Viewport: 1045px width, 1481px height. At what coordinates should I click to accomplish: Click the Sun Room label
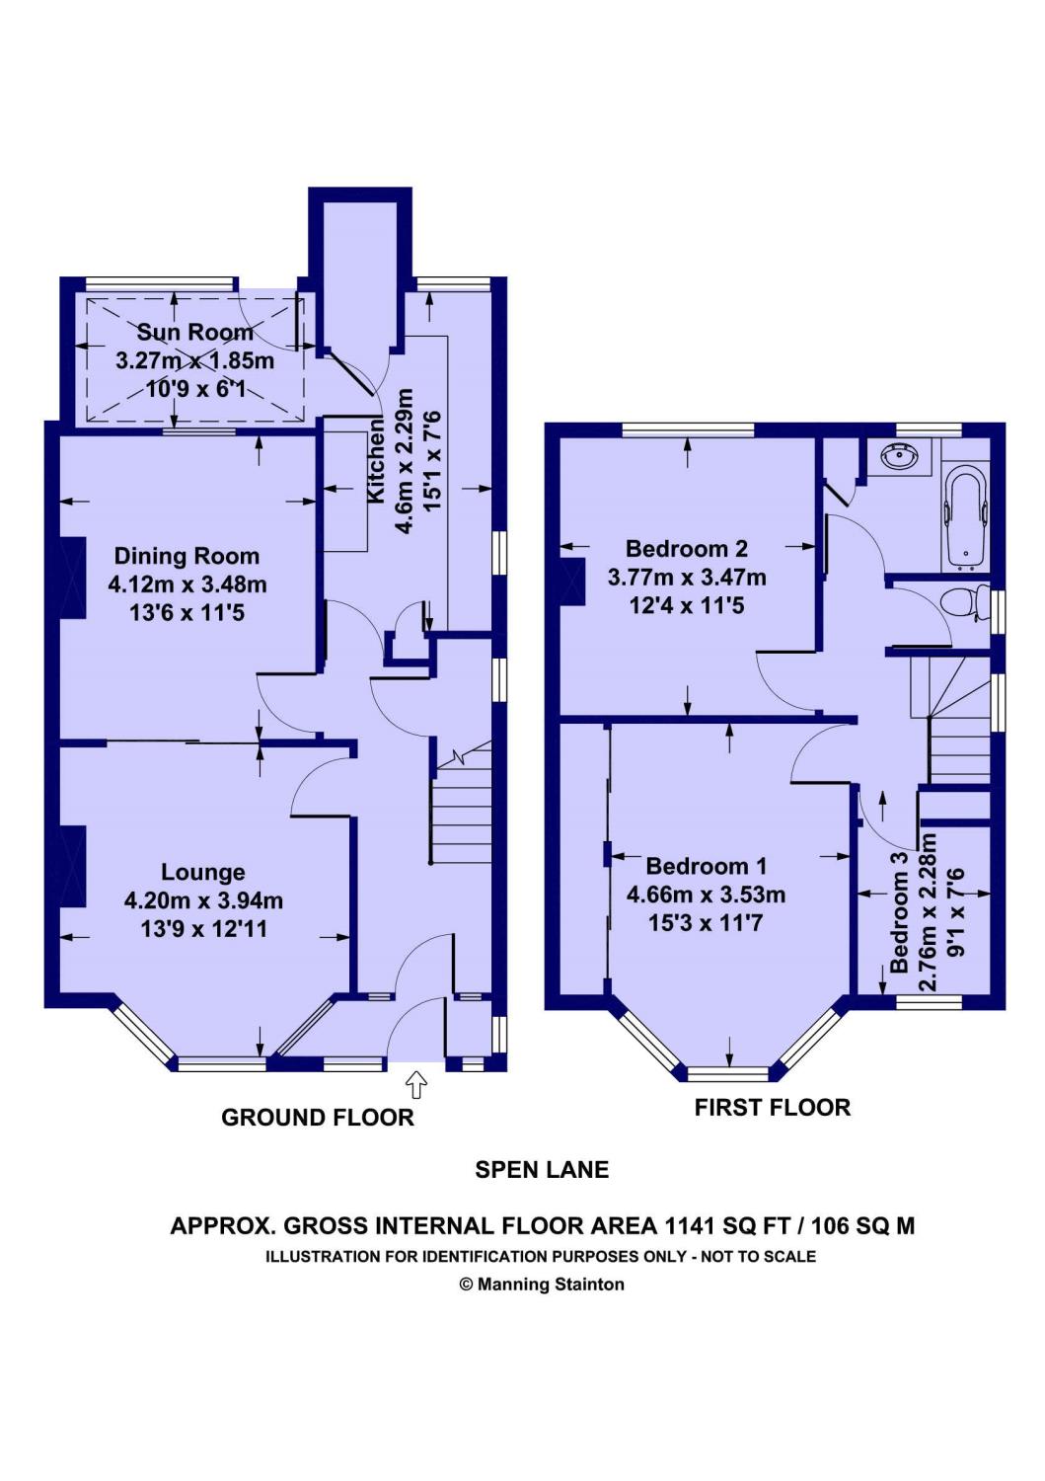pyautogui.click(x=194, y=332)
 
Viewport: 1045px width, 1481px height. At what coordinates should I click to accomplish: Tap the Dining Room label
pyautogui.click(x=187, y=556)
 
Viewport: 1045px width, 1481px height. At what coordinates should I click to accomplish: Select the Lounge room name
pyautogui.click(x=203, y=873)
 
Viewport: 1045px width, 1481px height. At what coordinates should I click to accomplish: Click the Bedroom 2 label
pyautogui.click(x=687, y=549)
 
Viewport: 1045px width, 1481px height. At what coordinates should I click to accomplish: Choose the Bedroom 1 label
pyautogui.click(x=706, y=866)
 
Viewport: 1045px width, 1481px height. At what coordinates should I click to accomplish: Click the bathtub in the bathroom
pyautogui.click(x=966, y=517)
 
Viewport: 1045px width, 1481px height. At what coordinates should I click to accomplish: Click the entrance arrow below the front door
pyautogui.click(x=416, y=1085)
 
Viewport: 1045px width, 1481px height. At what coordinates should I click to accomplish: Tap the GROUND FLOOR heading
pyautogui.click(x=318, y=1118)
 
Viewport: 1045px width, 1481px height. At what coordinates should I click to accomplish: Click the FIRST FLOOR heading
pyautogui.click(x=772, y=1108)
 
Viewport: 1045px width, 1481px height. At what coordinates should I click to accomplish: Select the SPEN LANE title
pyautogui.click(x=542, y=1170)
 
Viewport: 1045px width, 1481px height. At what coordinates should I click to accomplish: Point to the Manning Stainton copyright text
pyautogui.click(x=542, y=1285)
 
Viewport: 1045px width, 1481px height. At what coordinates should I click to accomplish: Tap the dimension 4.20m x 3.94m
pyautogui.click(x=203, y=900)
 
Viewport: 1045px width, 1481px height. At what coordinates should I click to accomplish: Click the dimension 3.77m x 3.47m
pyautogui.click(x=687, y=578)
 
